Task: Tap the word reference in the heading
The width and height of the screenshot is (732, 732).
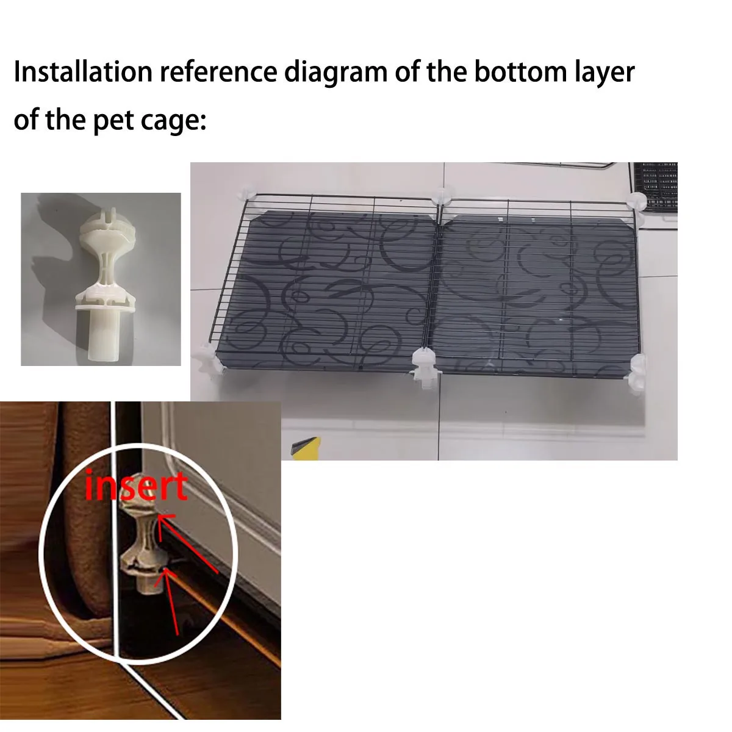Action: click(218, 71)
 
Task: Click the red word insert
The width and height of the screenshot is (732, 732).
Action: click(136, 486)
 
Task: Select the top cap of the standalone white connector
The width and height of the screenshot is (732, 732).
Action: click(106, 224)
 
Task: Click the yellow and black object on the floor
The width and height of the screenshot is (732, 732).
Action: click(305, 448)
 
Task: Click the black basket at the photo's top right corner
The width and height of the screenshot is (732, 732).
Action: click(655, 187)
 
